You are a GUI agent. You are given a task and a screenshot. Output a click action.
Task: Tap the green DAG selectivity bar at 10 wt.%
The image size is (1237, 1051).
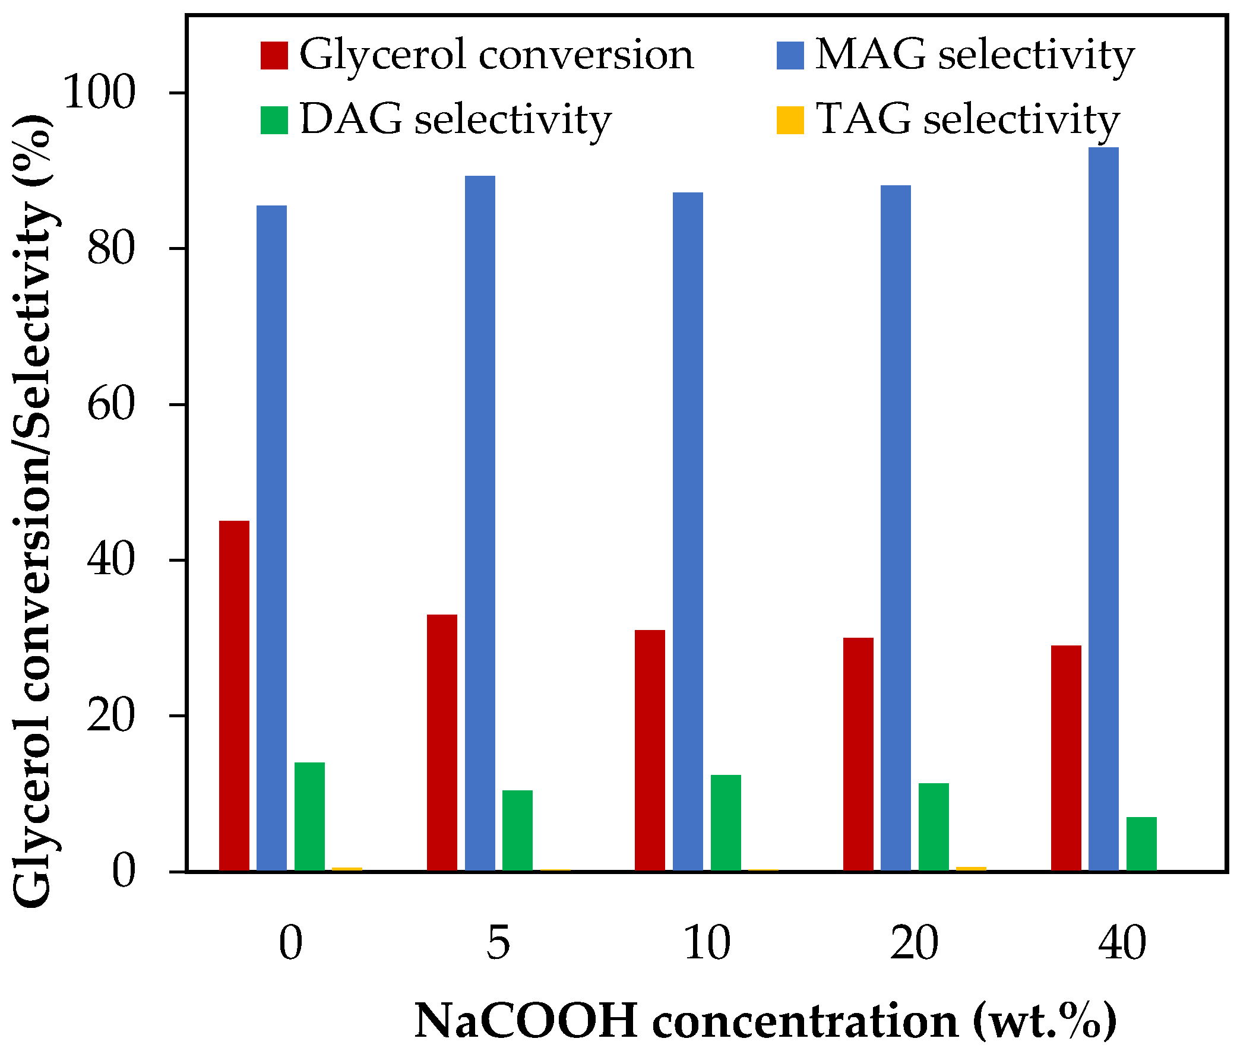725,822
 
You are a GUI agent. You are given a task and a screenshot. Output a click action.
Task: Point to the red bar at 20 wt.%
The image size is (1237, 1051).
858,754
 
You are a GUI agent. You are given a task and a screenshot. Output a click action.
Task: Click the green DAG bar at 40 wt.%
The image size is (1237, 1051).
1141,843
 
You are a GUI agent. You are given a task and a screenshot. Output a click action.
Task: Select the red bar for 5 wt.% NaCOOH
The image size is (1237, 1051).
442,742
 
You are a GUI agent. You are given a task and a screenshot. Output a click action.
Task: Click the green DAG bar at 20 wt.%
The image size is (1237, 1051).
933,827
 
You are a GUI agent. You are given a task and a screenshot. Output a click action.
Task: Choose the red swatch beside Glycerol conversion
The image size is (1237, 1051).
274,55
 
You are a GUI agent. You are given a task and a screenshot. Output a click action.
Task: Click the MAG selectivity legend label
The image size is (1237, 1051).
974,55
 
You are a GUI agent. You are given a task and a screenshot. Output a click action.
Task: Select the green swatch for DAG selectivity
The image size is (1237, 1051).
274,120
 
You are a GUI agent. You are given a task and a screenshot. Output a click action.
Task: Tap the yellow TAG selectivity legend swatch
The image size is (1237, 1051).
789,120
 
